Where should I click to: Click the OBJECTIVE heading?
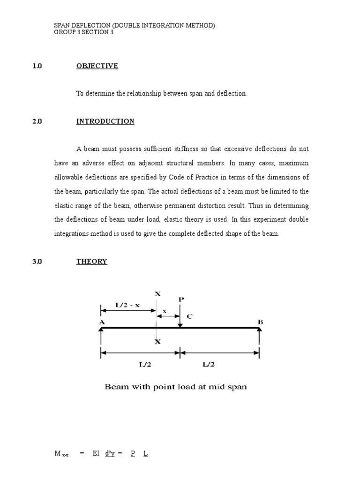click(97, 66)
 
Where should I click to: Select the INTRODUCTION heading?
click(105, 121)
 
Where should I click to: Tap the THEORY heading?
click(92, 262)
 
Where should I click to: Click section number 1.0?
click(37, 66)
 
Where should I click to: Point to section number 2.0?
click(37, 121)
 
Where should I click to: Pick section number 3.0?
click(37, 262)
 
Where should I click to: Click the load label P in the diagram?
click(181, 299)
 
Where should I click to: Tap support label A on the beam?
click(102, 322)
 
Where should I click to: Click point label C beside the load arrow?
click(189, 316)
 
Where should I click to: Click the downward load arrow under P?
click(180, 316)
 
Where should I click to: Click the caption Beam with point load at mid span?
click(175, 387)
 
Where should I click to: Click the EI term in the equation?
click(96, 453)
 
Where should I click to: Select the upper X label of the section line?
click(157, 293)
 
